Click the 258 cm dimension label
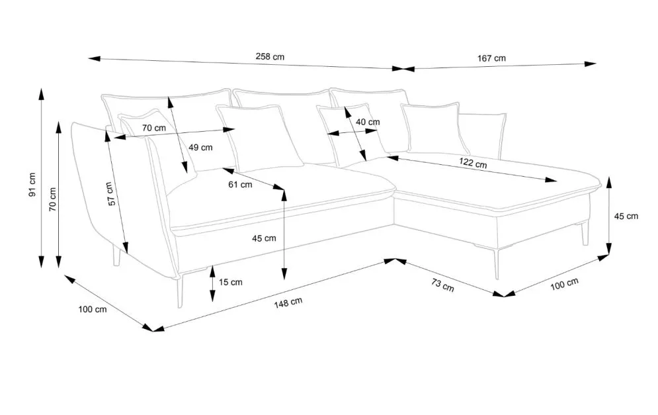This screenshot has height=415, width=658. tap(270, 57)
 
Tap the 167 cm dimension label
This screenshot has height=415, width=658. tap(491, 58)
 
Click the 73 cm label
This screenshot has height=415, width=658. tap(442, 286)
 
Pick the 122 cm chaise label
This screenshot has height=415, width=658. tap(473, 163)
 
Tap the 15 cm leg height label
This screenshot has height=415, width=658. tap(230, 282)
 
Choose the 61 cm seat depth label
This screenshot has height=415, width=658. tap(240, 185)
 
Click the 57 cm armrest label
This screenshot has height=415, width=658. tap(112, 193)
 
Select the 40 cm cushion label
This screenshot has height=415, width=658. tap(368, 122)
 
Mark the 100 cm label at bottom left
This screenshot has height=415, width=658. tap(92, 309)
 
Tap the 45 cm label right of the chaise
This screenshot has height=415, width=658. tap(626, 216)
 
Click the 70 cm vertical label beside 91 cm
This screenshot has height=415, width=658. tap(53, 199)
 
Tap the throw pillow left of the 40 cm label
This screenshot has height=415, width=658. tap(254, 136)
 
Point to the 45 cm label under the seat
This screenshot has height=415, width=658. tap(264, 238)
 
